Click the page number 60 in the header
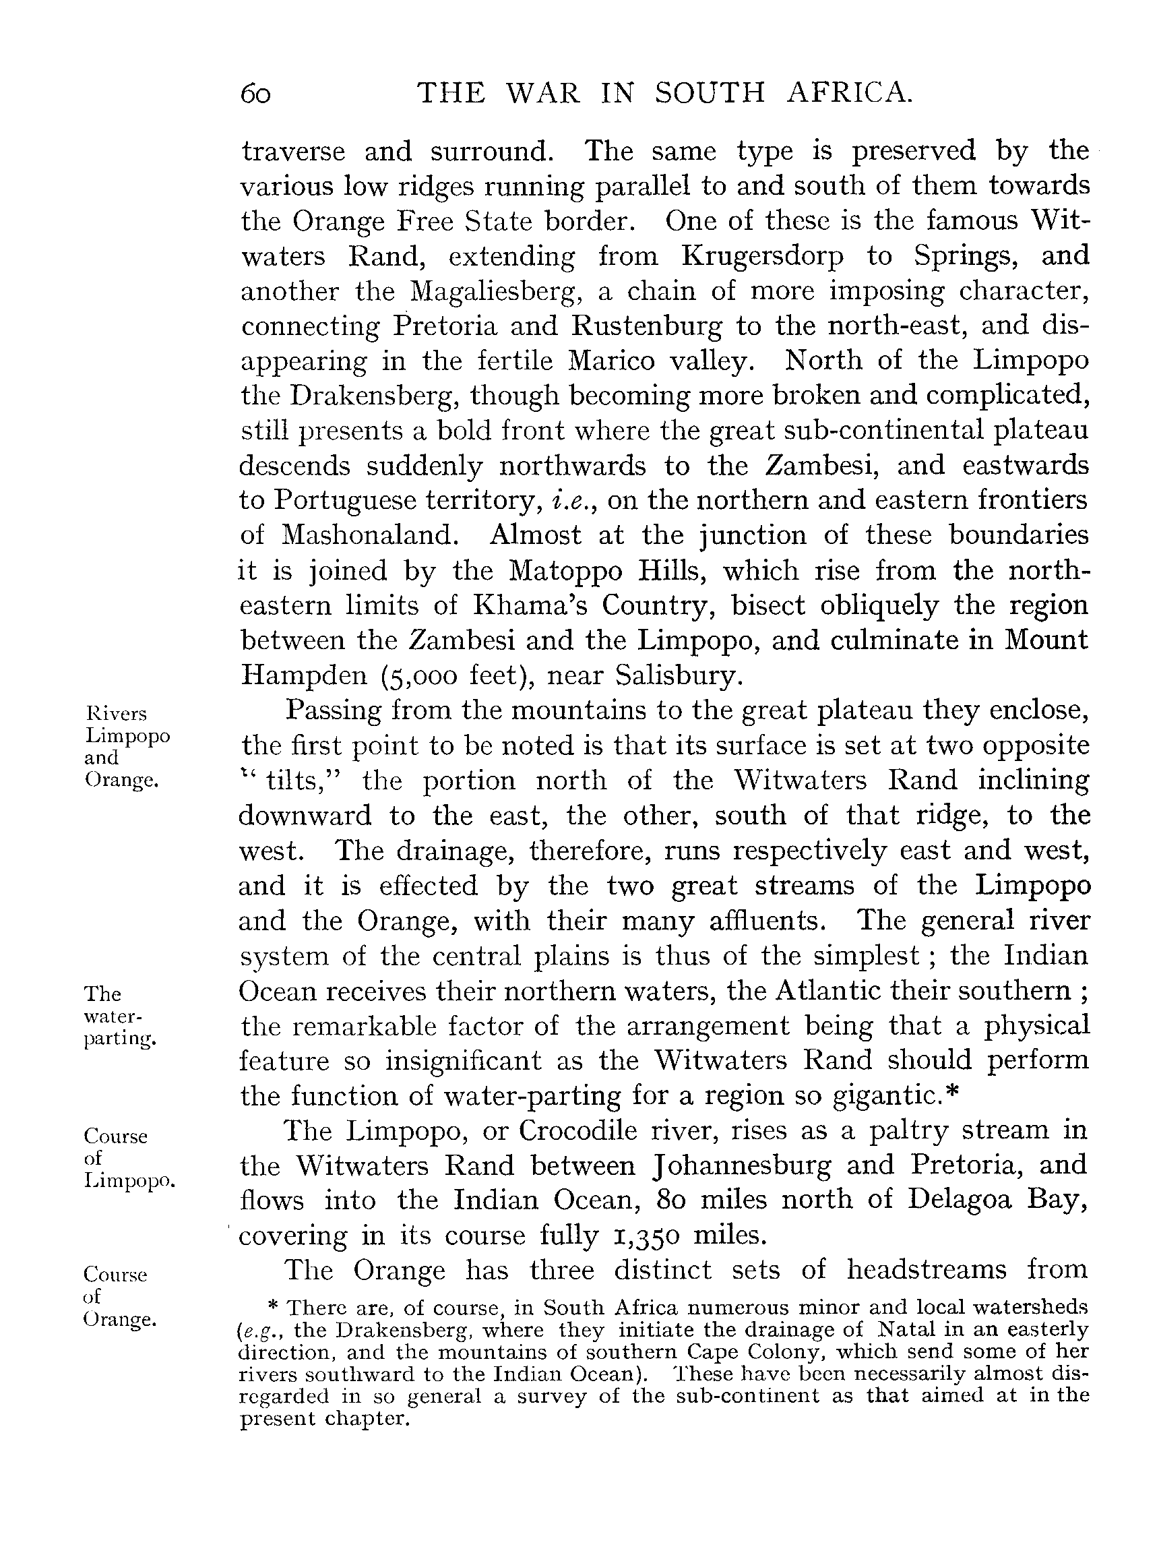pos(255,94)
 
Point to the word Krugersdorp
pos(762,257)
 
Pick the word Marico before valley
pos(613,361)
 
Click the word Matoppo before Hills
pos(563,571)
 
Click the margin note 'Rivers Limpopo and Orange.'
pos(126,747)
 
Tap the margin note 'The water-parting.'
pos(119,1016)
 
